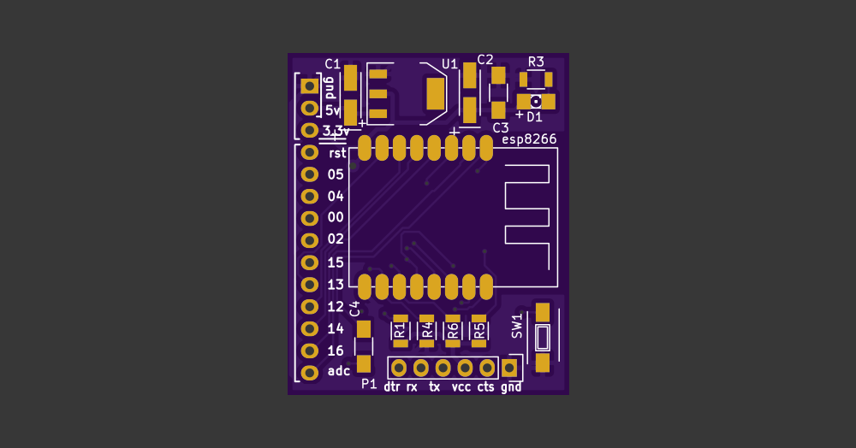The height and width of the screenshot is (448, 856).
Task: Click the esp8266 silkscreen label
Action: click(528, 139)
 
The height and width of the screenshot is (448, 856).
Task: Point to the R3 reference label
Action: click(536, 62)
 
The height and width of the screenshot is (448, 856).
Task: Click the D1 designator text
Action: click(534, 116)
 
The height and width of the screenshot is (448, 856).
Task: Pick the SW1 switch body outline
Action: click(543, 338)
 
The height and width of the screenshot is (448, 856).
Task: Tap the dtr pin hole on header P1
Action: click(399, 368)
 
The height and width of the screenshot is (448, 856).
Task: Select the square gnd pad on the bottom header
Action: click(509, 368)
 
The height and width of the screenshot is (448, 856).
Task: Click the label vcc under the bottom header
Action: click(461, 387)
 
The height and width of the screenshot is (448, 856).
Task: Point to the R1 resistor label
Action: click(399, 331)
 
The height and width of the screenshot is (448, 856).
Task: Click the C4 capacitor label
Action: click(354, 309)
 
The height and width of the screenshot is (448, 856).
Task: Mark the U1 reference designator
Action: click(449, 63)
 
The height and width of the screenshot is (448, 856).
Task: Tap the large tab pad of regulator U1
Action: click(437, 94)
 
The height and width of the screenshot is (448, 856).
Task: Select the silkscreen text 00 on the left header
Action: click(336, 218)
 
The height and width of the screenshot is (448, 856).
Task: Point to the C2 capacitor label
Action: click(485, 59)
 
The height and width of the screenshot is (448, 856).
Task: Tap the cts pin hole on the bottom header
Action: click(487, 368)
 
